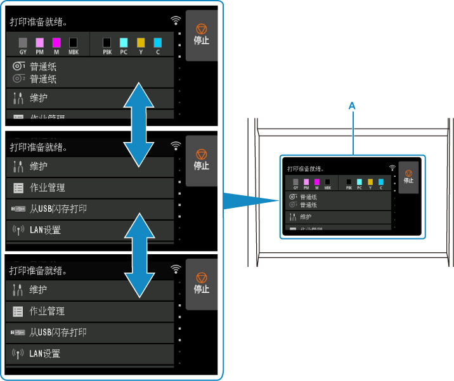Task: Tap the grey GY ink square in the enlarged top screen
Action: [23, 42]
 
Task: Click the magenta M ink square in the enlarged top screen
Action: [56, 42]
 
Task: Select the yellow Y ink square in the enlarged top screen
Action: [141, 42]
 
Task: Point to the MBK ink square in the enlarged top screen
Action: [73, 42]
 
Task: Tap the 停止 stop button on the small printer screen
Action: [408, 176]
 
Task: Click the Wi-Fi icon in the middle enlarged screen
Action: [176, 146]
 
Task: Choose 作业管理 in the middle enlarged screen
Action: [48, 188]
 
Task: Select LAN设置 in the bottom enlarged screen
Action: [45, 353]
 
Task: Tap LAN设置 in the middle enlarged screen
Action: [45, 229]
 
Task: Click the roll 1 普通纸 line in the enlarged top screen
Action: [43, 66]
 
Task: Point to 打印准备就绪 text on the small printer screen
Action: [306, 169]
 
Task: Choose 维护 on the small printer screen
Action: [306, 217]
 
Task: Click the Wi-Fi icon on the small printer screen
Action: [392, 168]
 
